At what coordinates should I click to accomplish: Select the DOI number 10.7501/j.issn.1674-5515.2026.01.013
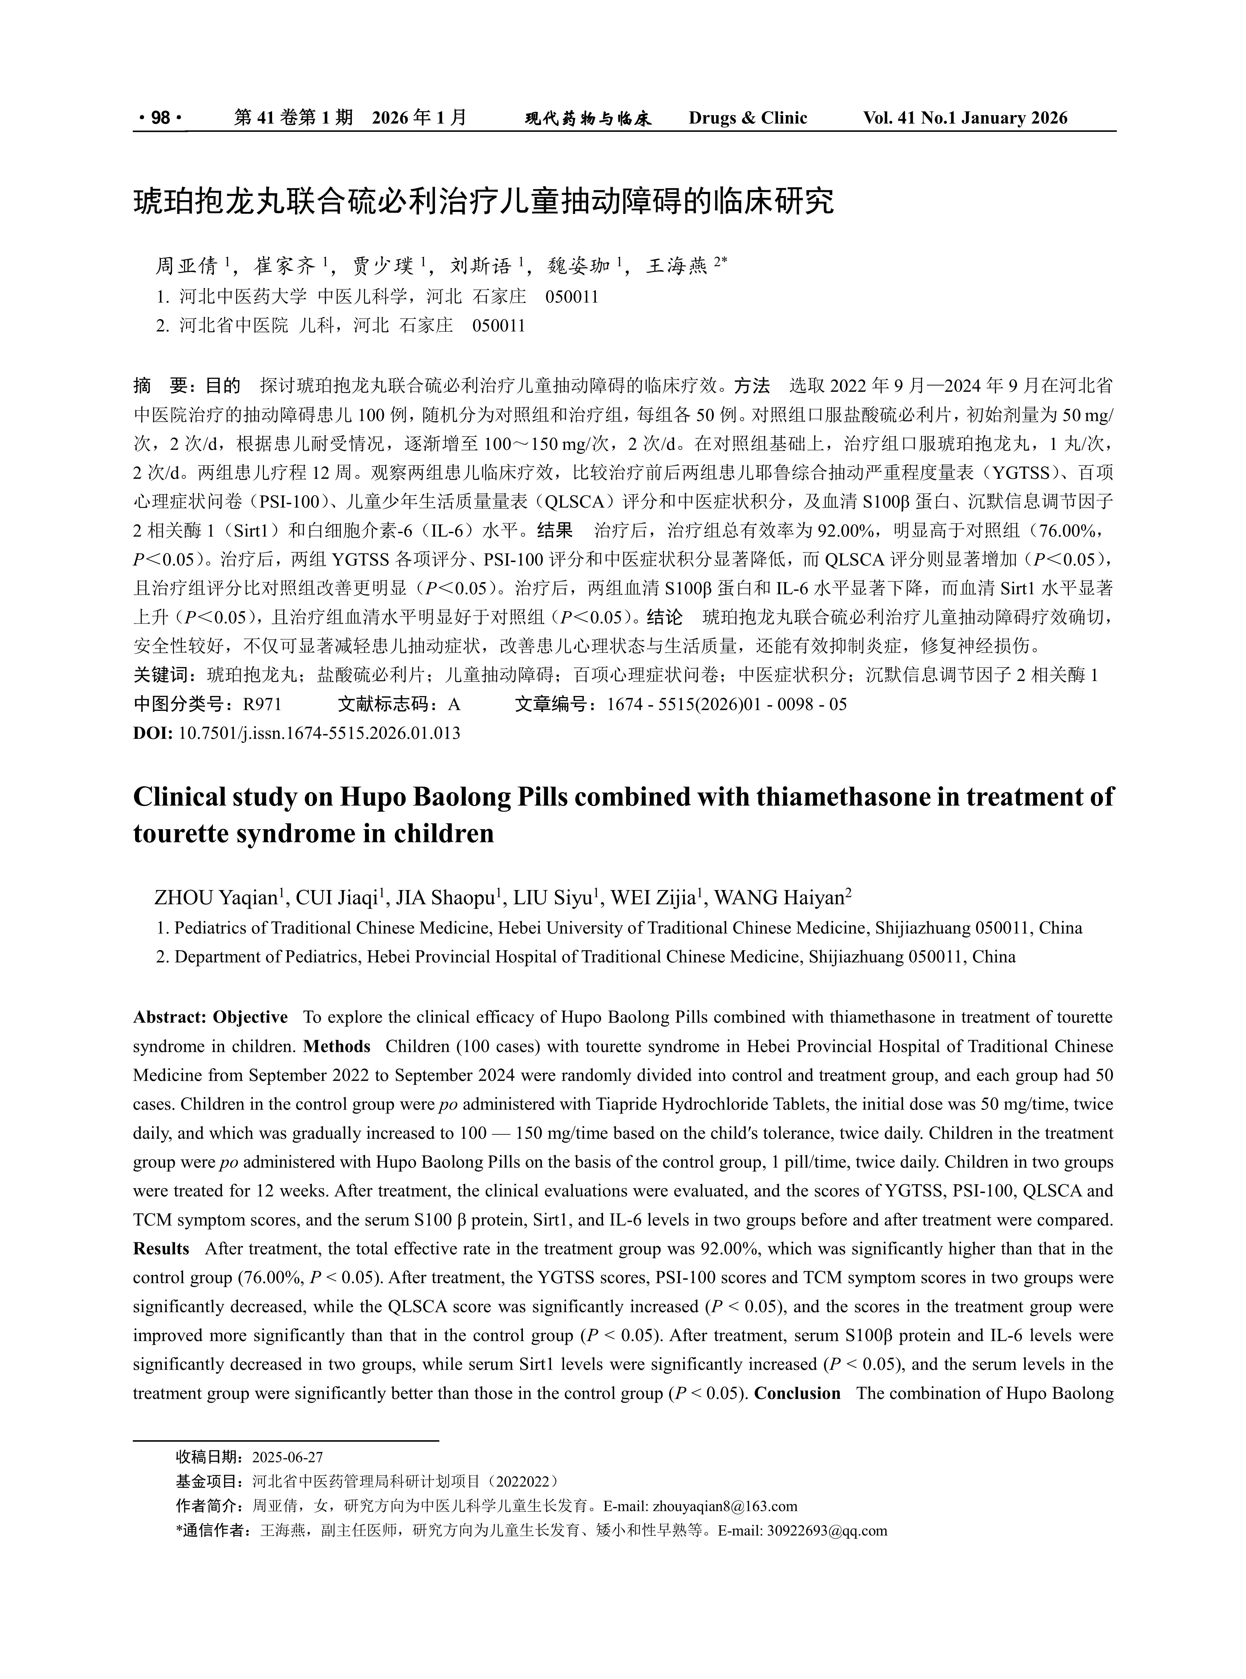click(319, 732)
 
